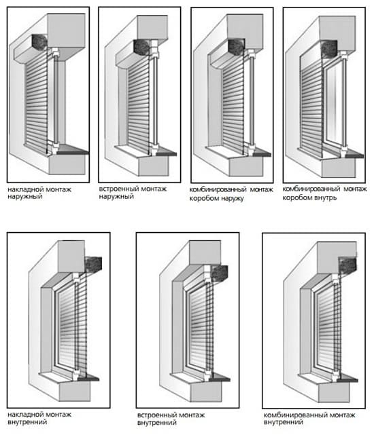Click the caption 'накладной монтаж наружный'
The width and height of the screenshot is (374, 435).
39,193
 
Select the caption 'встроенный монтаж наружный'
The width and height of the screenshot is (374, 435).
133,193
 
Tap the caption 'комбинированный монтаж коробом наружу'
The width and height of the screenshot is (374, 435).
231,193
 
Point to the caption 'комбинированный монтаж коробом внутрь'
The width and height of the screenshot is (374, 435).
324,193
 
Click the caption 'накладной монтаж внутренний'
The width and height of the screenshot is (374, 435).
39,418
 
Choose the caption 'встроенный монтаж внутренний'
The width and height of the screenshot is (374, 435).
171,419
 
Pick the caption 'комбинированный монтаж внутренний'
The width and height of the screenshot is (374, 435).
309,419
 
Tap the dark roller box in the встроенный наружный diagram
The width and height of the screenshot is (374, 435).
142,47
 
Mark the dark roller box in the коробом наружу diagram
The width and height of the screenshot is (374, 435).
237,47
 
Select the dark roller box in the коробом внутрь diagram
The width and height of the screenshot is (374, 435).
329,49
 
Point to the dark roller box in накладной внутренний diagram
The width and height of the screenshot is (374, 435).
93,265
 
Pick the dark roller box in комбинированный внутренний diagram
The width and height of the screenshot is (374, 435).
347,265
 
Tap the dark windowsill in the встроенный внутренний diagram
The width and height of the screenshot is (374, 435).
220,377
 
